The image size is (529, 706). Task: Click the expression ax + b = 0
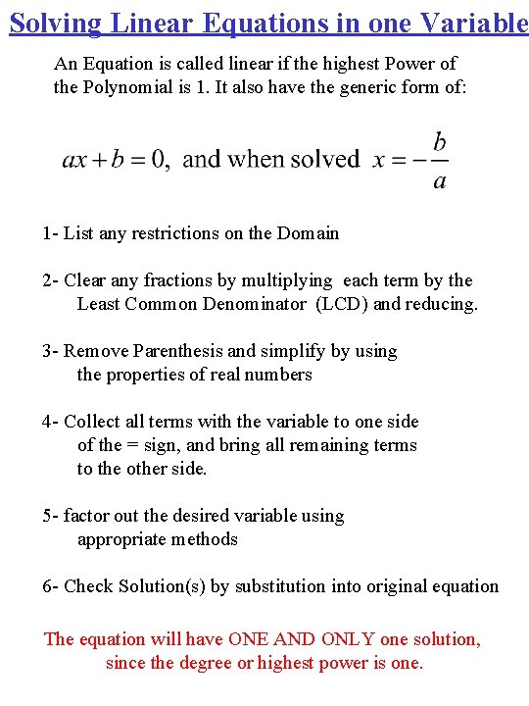point(114,160)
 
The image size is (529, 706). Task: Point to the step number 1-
point(50,233)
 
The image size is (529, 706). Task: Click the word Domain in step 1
point(309,233)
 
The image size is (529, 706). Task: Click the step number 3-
point(50,351)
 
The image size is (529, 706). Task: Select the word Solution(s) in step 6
point(162,586)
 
